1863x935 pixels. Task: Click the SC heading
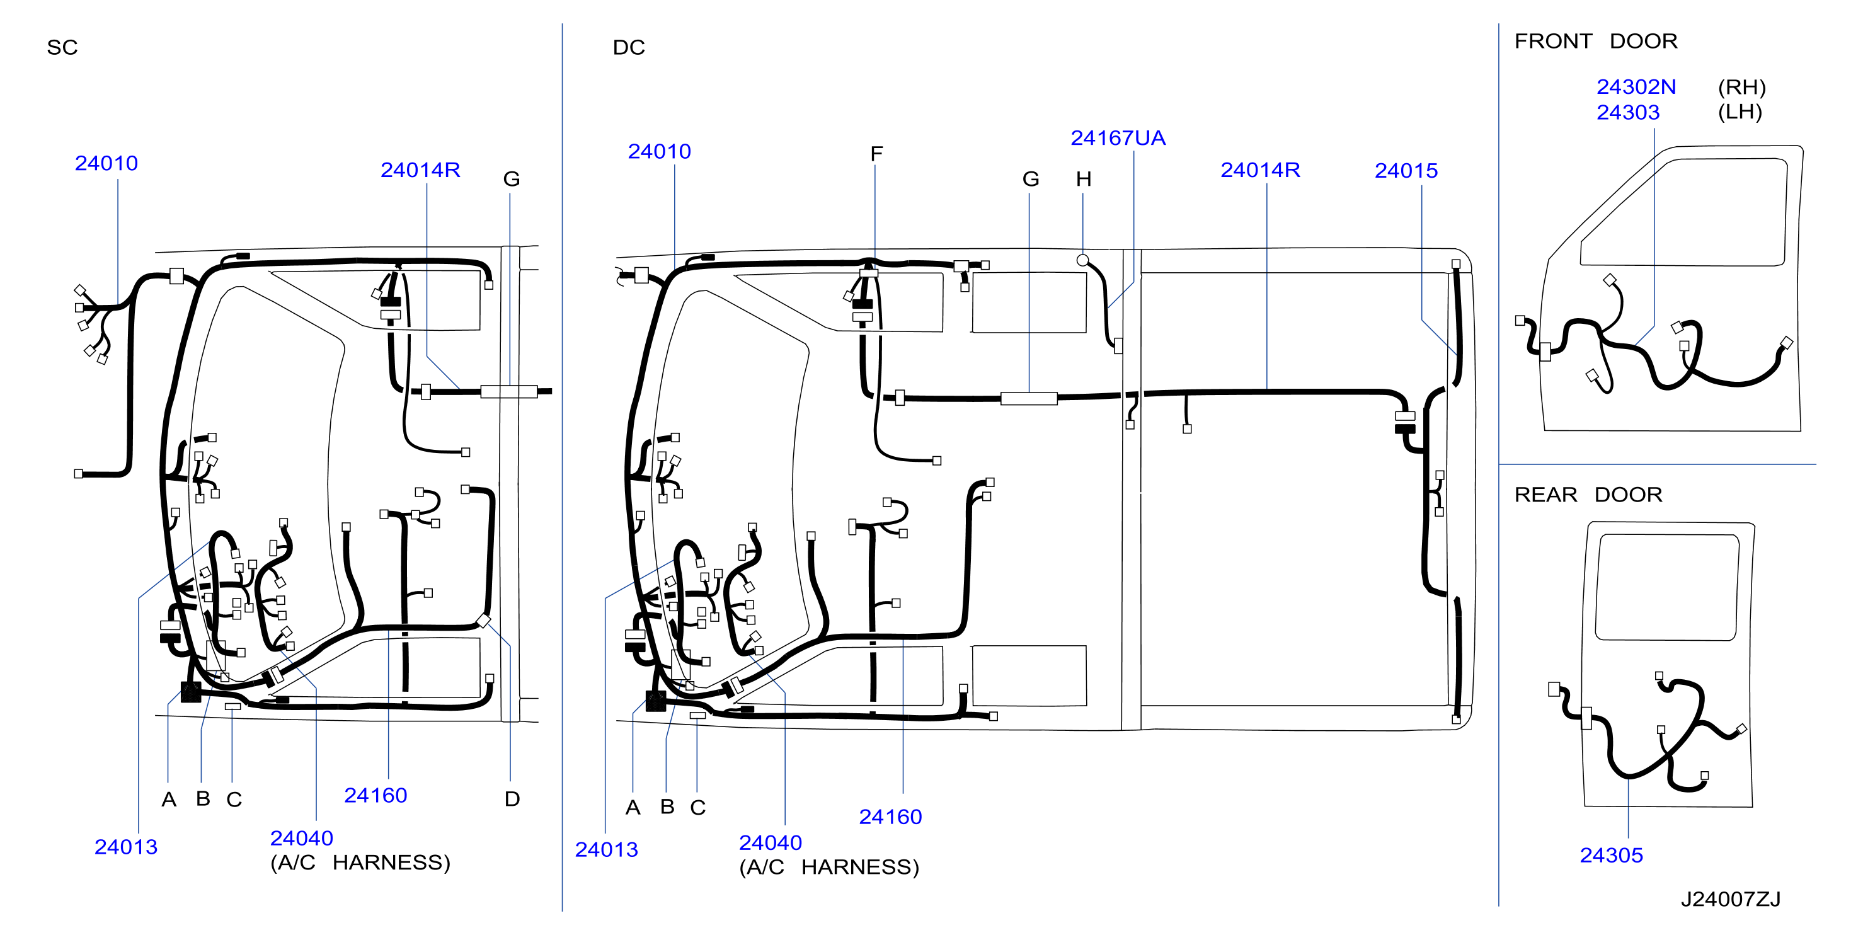(x=62, y=48)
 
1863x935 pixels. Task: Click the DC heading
(x=629, y=48)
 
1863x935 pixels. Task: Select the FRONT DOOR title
(x=1595, y=41)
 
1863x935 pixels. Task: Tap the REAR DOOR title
(x=1588, y=495)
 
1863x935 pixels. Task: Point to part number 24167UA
(x=1118, y=138)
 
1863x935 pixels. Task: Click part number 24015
(x=1406, y=171)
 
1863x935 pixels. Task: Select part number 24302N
(x=1636, y=87)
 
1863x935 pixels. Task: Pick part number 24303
(x=1628, y=113)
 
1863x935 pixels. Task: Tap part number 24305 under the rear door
(x=1612, y=856)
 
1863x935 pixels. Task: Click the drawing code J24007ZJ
(x=1731, y=900)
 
